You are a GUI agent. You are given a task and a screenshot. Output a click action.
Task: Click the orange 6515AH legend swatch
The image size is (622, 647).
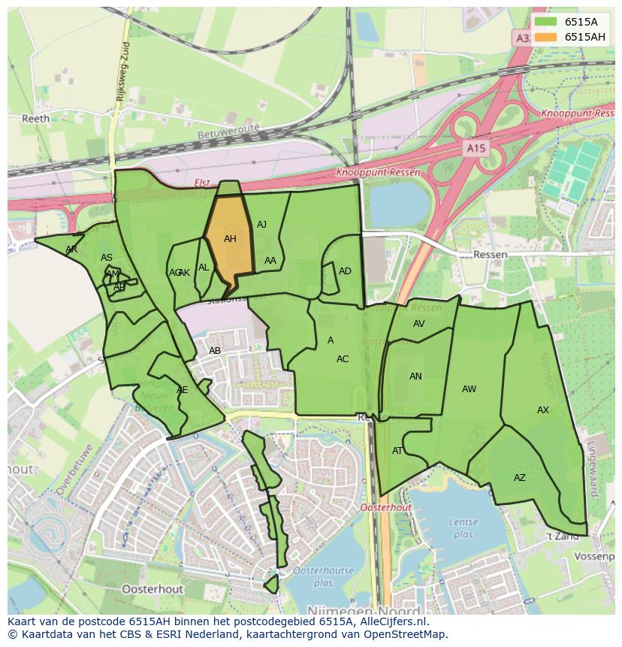coord(546,37)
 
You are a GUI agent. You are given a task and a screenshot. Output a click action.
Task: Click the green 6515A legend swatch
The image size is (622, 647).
coord(546,22)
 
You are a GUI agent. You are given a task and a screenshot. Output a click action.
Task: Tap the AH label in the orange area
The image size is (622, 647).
coord(230,239)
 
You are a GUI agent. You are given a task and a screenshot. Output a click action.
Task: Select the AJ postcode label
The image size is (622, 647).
coord(261,225)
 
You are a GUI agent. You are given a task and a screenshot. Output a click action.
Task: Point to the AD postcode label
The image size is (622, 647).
coord(345,271)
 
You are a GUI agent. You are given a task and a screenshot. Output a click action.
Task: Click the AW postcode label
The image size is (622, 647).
coord(469,389)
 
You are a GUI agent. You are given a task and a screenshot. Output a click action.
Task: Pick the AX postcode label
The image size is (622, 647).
coord(543,410)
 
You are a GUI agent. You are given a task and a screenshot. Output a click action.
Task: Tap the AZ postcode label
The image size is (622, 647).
coord(520,478)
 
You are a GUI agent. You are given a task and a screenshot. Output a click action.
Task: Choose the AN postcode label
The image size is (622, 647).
coord(415,376)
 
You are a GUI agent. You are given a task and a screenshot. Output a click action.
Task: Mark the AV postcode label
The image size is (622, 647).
coord(419,324)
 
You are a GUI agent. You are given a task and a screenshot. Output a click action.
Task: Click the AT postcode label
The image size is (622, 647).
coord(397,451)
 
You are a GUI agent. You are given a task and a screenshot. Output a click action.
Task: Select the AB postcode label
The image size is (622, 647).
coord(215,351)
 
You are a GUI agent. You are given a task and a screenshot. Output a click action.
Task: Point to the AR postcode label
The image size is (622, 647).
coord(71,249)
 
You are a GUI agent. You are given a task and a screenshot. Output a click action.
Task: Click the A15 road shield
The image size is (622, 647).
coord(475,149)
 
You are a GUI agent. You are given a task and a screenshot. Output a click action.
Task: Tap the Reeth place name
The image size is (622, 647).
coord(35,119)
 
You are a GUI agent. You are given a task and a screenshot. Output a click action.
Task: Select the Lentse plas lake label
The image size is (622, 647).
coord(463,528)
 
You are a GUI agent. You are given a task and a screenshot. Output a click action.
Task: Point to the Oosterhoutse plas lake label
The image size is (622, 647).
coord(323,576)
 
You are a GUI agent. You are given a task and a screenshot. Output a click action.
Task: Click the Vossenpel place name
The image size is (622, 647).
coord(593,556)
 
